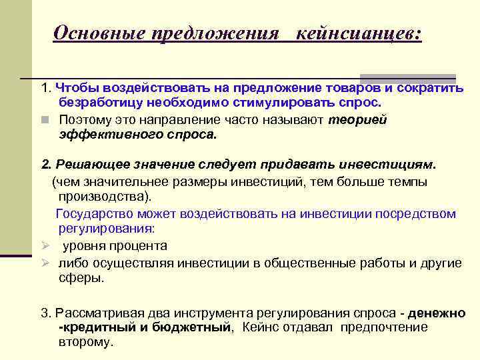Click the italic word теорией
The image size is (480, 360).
358,120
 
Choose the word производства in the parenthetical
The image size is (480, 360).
103,197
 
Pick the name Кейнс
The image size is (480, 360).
261,327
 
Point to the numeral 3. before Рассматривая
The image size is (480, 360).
46,312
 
